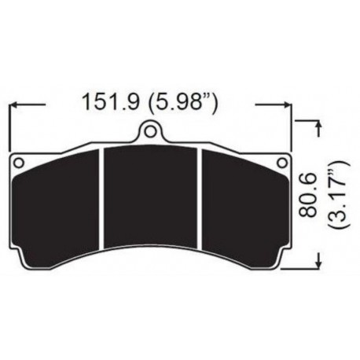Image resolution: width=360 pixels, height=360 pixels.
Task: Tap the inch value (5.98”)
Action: pyautogui.click(x=183, y=102)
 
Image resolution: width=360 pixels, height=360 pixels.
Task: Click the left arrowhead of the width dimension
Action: pyautogui.click(x=14, y=103)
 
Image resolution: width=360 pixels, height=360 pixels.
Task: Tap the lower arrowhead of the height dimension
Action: pyautogui.click(x=317, y=263)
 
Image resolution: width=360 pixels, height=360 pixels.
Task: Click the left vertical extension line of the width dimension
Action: pyautogui.click(x=9, y=126)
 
